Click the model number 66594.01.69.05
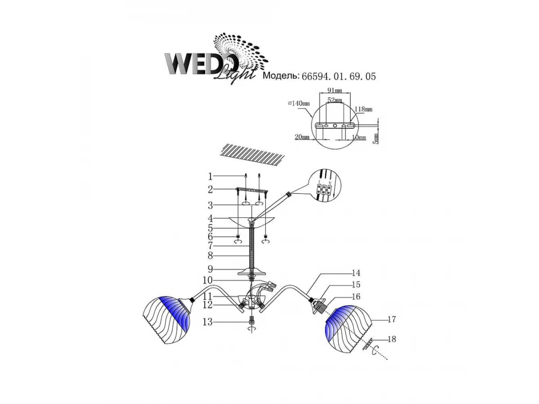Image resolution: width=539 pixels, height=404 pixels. (x=338, y=76)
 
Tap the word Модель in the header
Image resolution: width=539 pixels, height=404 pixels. (x=281, y=76)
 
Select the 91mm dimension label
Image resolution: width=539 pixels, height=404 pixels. (x=335, y=90)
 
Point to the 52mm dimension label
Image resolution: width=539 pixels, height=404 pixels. (x=335, y=100)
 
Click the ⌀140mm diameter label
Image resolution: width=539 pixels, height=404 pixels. (x=299, y=104)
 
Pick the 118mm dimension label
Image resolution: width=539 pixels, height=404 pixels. (x=363, y=109)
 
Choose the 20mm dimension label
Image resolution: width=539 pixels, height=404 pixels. (x=302, y=137)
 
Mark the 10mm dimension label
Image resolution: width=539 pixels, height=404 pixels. (x=359, y=138)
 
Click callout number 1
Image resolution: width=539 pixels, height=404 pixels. (x=210, y=176)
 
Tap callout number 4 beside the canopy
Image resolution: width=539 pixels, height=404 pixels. (x=210, y=218)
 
